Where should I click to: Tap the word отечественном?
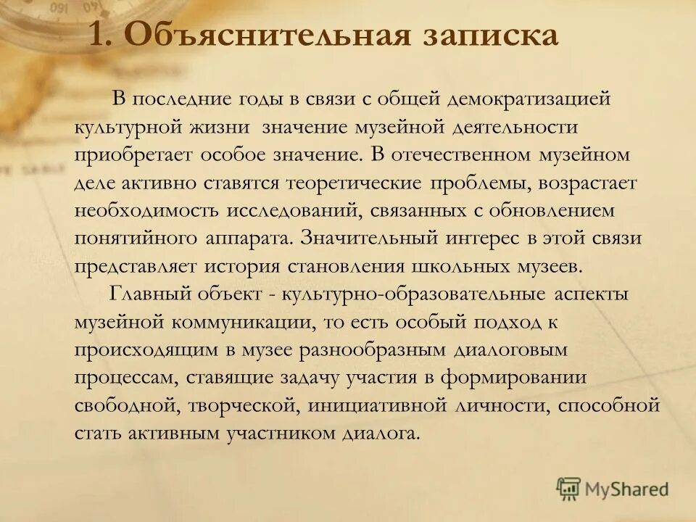coord(473,154)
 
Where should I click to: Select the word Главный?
coord(151,294)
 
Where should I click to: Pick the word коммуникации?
coord(240,321)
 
